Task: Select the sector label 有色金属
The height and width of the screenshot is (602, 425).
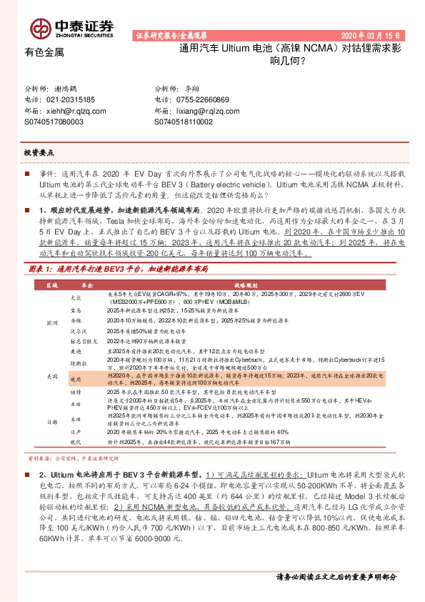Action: (x=44, y=52)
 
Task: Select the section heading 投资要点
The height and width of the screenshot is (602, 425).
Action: (x=39, y=153)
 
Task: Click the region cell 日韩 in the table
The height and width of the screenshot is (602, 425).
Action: (x=51, y=423)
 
